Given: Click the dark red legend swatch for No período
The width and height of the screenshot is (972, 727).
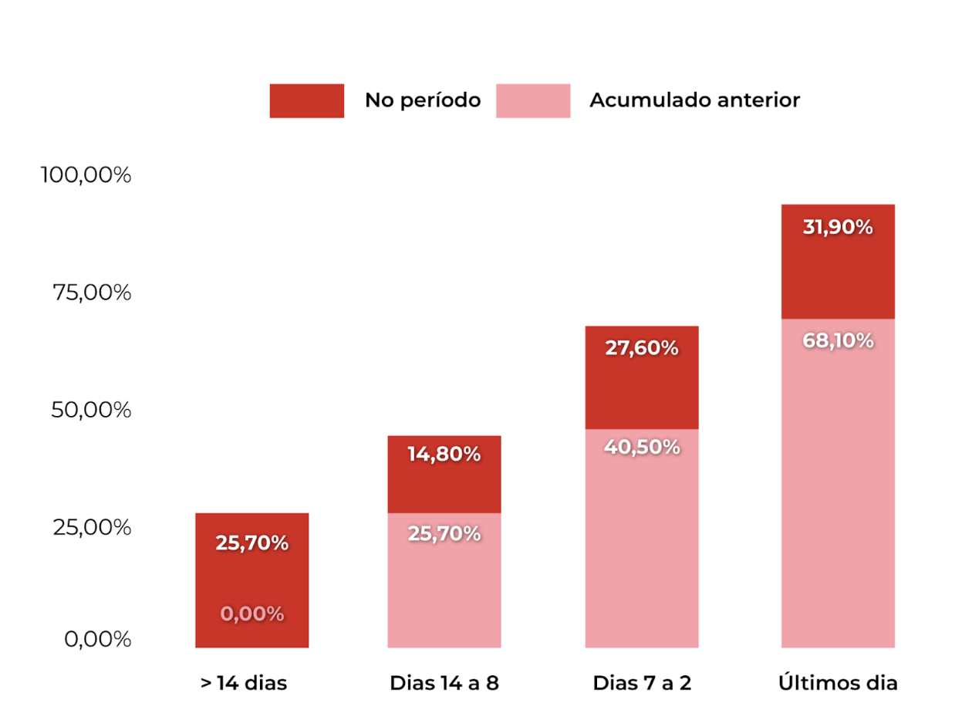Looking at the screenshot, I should tap(306, 100).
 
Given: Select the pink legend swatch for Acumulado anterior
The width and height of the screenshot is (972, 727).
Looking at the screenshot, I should tap(532, 100).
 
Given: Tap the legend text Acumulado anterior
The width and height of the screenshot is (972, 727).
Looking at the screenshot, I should tap(694, 100).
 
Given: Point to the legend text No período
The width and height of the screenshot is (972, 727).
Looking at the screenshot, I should tap(422, 100).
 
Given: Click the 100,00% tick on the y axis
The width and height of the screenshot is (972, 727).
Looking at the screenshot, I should tap(86, 175).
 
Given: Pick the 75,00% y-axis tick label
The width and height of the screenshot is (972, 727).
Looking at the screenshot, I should tap(91, 293).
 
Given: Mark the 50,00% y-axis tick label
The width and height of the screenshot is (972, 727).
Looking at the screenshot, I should tap(91, 410).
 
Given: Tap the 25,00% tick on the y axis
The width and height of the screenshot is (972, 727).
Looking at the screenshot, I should tap(91, 528).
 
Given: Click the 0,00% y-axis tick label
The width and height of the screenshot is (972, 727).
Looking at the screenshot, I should tap(97, 640).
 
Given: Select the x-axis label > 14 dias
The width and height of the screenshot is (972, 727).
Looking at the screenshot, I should tap(244, 684).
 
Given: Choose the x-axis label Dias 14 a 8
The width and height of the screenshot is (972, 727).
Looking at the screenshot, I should tap(444, 684).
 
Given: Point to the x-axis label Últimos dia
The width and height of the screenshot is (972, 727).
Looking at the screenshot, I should tap(838, 684).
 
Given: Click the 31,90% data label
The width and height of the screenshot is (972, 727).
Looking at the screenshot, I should tap(838, 228).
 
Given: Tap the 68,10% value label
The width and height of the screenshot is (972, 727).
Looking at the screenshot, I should tap(838, 340).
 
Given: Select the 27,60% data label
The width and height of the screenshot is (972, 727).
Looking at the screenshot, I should tap(642, 348).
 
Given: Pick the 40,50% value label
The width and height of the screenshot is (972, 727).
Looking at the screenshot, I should tap(642, 447).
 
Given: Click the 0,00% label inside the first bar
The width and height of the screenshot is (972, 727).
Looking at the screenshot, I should tap(252, 614).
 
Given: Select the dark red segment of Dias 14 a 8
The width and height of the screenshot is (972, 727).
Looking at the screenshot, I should tap(444, 474).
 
